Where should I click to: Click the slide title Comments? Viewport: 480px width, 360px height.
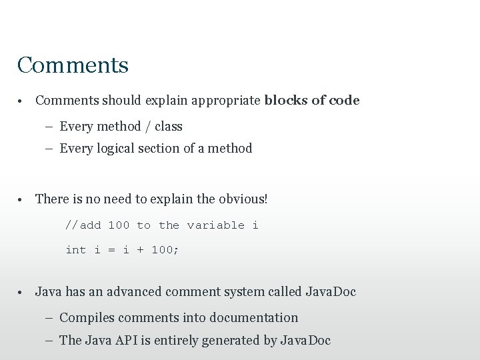(x=73, y=65)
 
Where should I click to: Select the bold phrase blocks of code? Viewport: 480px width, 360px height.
(x=311, y=101)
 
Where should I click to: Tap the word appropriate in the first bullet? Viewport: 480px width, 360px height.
(x=226, y=101)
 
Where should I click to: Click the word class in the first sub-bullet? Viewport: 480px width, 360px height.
(x=168, y=126)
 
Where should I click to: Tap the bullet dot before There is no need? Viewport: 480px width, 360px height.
(x=21, y=199)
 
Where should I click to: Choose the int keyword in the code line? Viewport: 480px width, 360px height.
(x=75, y=250)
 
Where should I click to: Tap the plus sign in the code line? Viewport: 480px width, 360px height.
(x=140, y=250)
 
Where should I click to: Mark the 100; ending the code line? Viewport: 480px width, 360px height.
(x=165, y=250)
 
